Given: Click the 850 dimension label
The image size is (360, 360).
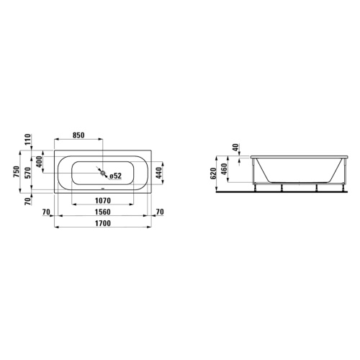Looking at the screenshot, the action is (x=78, y=135).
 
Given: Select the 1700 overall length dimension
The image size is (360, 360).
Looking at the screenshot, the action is (x=103, y=223).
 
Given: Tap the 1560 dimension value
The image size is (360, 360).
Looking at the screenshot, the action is (x=103, y=212).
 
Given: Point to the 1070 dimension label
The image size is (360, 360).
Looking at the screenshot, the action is (x=103, y=200).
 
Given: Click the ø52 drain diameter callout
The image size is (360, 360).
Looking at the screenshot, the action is (x=115, y=176).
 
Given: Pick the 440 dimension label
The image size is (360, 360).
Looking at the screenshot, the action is (x=159, y=173).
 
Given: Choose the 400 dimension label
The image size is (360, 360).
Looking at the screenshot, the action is (x=40, y=161).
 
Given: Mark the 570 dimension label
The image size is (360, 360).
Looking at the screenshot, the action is (x=28, y=174).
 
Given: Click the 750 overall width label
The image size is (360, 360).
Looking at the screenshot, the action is (x=17, y=171).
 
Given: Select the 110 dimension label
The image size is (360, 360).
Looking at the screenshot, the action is (x=28, y=139).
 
